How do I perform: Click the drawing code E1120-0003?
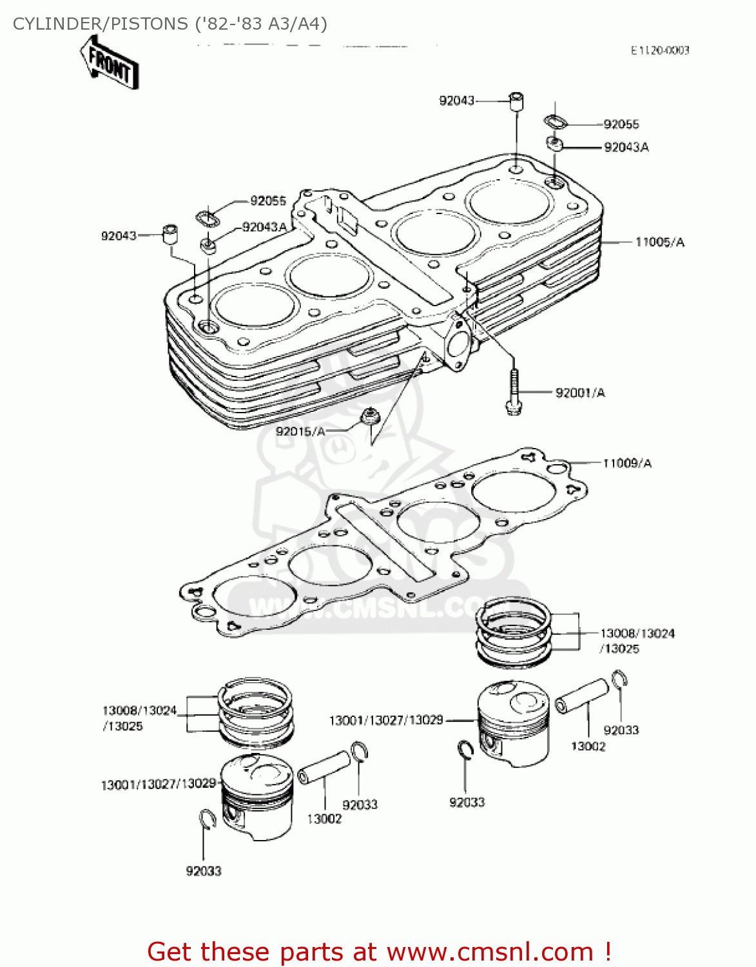pyautogui.click(x=659, y=50)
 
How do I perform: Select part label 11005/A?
pyautogui.click(x=659, y=242)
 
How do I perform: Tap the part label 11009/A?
pyautogui.click(x=627, y=464)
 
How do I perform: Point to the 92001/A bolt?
pyautogui.click(x=513, y=391)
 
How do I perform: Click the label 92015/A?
pyautogui.click(x=300, y=431)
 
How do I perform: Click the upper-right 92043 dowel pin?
pyautogui.click(x=516, y=102)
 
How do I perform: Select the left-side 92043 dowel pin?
pyautogui.click(x=170, y=234)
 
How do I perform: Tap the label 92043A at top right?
pyautogui.click(x=626, y=148)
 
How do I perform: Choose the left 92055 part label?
pyautogui.click(x=267, y=201)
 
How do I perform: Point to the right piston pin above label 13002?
pyautogui.click(x=581, y=696)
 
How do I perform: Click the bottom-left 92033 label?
pyautogui.click(x=204, y=872)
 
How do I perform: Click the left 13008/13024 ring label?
pyautogui.click(x=139, y=710)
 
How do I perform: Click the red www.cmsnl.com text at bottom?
pyautogui.click(x=489, y=952)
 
